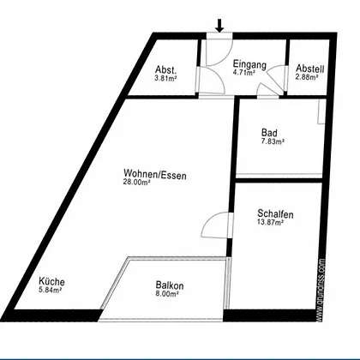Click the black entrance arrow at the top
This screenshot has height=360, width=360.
pos(219,26)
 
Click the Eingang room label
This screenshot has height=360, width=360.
pos(249,64)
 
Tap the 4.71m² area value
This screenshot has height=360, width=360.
pos(243,73)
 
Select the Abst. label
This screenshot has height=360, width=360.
pos(165,69)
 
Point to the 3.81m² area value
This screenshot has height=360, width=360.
pos(165,78)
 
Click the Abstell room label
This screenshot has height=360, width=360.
pos(310,69)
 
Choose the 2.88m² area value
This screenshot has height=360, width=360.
pos(307,77)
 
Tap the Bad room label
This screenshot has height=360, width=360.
pos(269,133)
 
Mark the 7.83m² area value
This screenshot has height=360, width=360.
pos(273,141)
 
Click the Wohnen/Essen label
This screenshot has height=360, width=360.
pos(155,174)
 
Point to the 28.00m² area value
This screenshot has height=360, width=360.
pos(137,182)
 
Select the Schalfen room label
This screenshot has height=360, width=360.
pos(275,214)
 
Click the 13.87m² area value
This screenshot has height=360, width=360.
pos(271,222)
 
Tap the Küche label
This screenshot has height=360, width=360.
pos(51,281)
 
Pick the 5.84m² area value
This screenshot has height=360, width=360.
pos(51,290)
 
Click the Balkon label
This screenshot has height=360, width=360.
pos(170,285)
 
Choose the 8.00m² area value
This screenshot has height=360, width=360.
pos(167,294)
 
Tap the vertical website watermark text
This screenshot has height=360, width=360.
pos(321,290)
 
